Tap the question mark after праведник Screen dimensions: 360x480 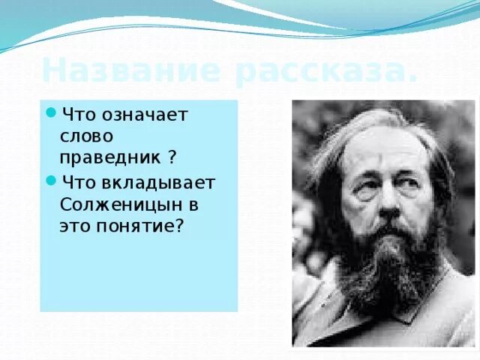[172, 157]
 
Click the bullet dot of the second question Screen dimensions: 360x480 [51, 179]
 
